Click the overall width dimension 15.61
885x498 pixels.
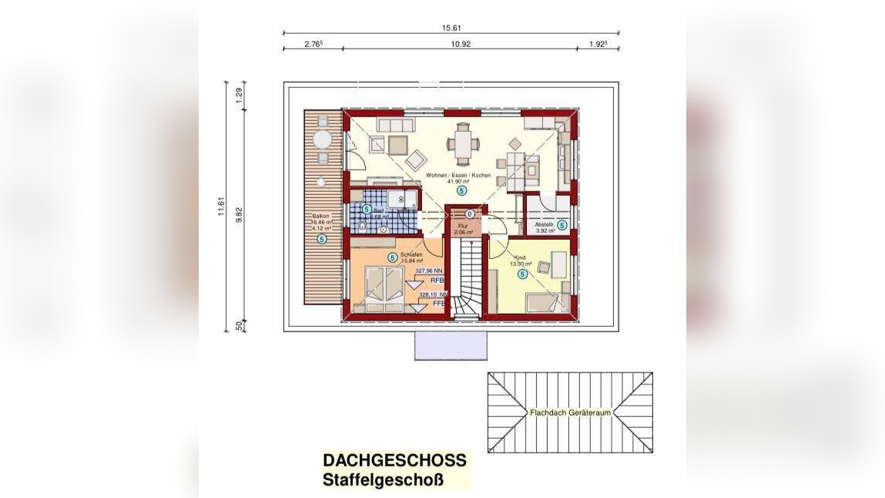click(451, 28)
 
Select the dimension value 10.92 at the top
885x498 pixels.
click(461, 44)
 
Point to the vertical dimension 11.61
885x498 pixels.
click(221, 207)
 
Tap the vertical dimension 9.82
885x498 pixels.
click(239, 214)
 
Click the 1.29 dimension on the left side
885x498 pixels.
click(239, 96)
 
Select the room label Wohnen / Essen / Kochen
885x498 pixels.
click(459, 176)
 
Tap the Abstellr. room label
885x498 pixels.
click(546, 224)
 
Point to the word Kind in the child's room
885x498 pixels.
click(520, 257)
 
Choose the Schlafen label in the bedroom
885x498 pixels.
click(411, 254)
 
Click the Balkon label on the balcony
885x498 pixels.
click(321, 216)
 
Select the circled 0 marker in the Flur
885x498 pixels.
click(470, 214)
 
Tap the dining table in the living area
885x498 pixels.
click(463, 143)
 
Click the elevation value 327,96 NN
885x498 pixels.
click(429, 271)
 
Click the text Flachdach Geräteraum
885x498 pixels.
click(570, 412)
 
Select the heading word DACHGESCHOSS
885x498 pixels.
click(394, 460)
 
